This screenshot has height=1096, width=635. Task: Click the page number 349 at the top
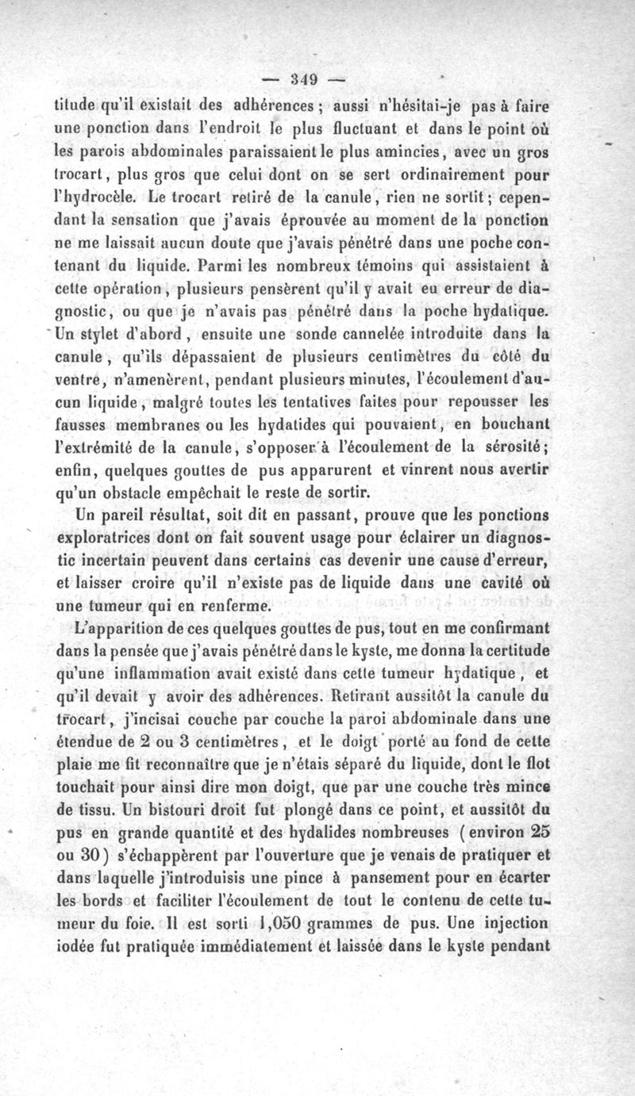304,79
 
